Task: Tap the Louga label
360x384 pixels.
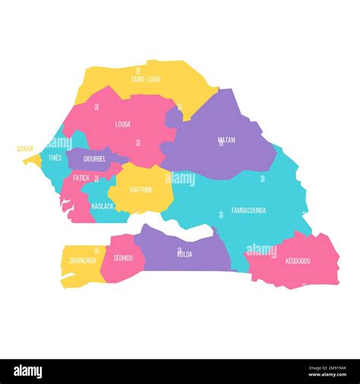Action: click(122, 124)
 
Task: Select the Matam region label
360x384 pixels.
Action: click(226, 140)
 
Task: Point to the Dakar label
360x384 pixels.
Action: click(25, 150)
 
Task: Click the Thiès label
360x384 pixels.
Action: click(55, 158)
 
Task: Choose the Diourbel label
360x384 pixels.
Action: click(94, 159)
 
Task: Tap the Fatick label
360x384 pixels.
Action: click(81, 178)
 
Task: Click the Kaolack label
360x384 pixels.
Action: click(103, 206)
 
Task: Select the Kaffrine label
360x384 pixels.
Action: click(141, 190)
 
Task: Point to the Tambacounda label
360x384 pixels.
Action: click(248, 210)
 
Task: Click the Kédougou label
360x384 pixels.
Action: click(298, 261)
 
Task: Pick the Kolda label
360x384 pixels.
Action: click(184, 254)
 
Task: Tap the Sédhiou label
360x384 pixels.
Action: click(124, 259)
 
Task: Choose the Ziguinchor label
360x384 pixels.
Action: click(82, 260)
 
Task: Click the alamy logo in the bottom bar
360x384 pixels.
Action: click(27, 372)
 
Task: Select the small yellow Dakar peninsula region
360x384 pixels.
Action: click(32, 160)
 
